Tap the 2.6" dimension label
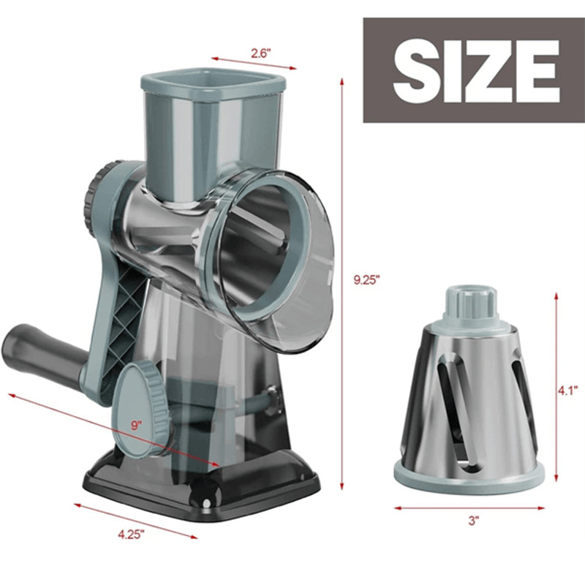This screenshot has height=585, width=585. click(x=260, y=53)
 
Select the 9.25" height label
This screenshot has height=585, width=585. click(x=366, y=279)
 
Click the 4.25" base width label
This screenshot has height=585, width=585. click(x=131, y=533)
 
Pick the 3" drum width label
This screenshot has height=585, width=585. click(x=473, y=521)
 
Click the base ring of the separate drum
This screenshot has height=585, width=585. click(x=468, y=473)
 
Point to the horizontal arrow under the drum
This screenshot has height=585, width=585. click(x=468, y=507)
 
